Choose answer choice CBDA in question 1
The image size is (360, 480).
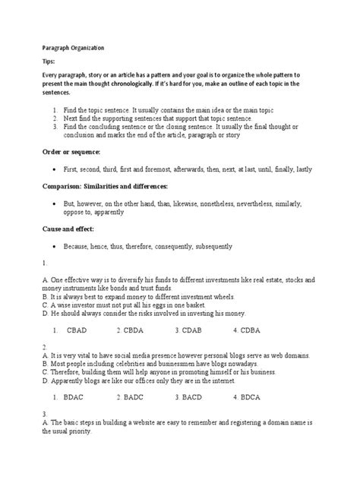tap(133, 310)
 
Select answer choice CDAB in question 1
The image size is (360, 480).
tap(191, 310)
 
